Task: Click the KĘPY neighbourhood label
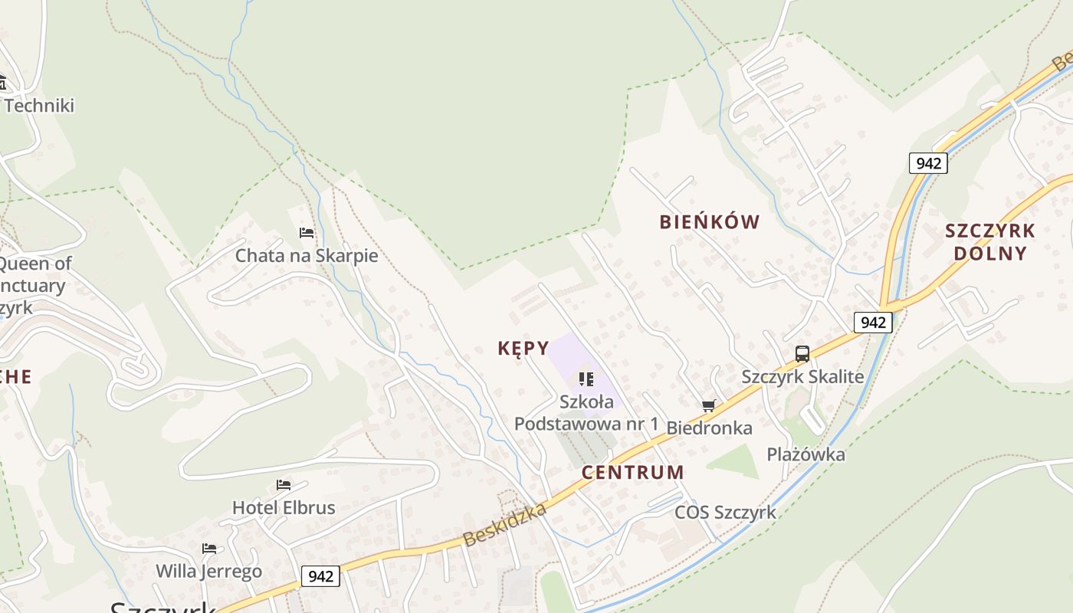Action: [x=523, y=349]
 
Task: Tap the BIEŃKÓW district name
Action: [x=710, y=222]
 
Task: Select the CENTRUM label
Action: [x=632, y=472]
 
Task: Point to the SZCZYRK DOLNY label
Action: [x=990, y=241]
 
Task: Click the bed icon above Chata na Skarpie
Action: [x=307, y=232]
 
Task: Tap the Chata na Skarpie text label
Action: [x=307, y=255]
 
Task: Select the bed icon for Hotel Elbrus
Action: [x=284, y=484]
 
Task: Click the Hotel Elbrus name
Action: [x=284, y=507]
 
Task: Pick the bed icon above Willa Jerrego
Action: [x=209, y=548]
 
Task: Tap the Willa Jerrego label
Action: [x=208, y=571]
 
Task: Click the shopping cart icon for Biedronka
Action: [x=709, y=405]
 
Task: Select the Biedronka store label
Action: [x=709, y=428]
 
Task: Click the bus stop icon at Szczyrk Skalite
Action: [x=802, y=354]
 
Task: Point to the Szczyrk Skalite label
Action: [x=802, y=376]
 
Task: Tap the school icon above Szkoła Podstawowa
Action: [x=586, y=379]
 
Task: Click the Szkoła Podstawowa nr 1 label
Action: [x=586, y=412]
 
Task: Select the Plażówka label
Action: [x=806, y=454]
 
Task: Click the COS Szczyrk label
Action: [x=725, y=512]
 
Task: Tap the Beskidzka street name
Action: [x=505, y=525]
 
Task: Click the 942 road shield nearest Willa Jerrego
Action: [x=320, y=575]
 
